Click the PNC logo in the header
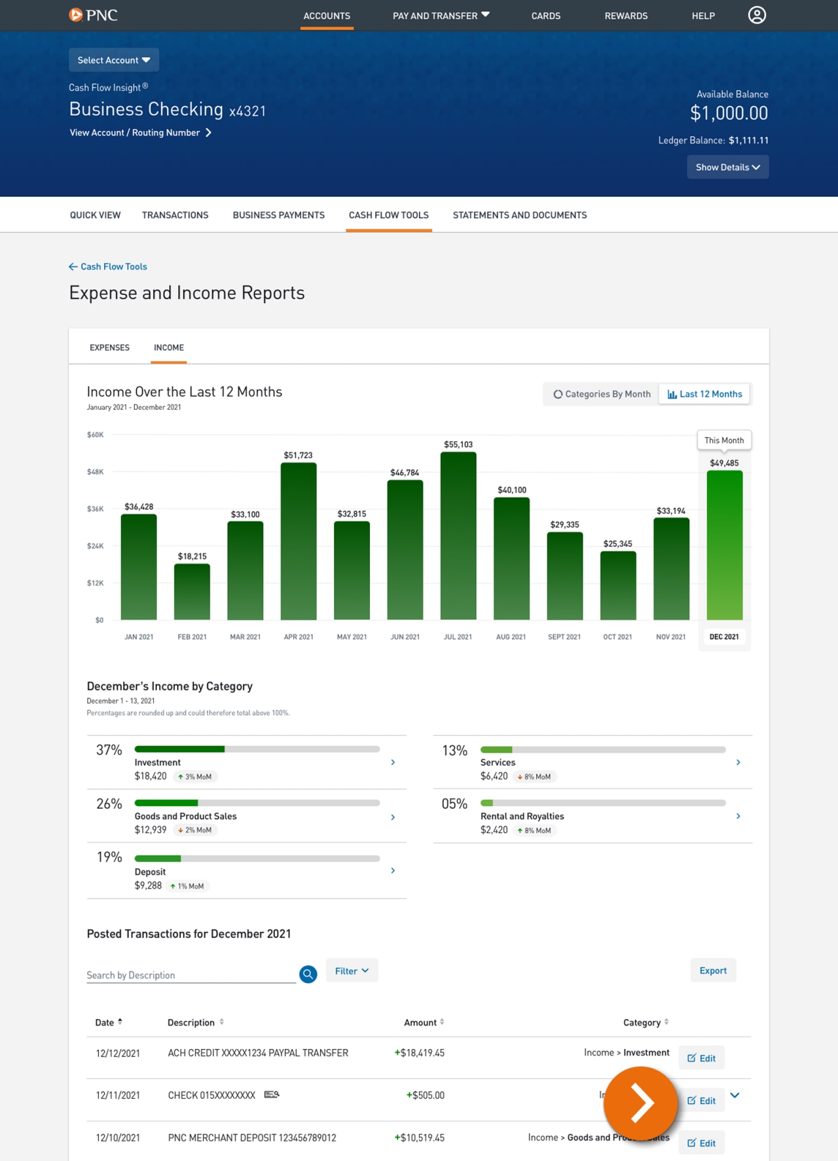pyautogui.click(x=93, y=15)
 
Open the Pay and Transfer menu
pyautogui.click(x=441, y=15)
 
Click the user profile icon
pyautogui.click(x=757, y=15)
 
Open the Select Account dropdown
pyautogui.click(x=114, y=60)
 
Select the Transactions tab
pyautogui.click(x=175, y=215)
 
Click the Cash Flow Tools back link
pyautogui.click(x=108, y=266)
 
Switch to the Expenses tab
pyautogui.click(x=109, y=348)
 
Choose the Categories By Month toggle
pyautogui.click(x=602, y=394)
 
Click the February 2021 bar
pyautogui.click(x=192, y=592)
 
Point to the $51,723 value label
pyautogui.click(x=298, y=455)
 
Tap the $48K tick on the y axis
pyautogui.click(x=95, y=471)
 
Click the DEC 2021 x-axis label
pyautogui.click(x=724, y=637)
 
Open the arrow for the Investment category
pyautogui.click(x=393, y=762)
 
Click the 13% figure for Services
pyautogui.click(x=454, y=751)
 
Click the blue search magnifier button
pyautogui.click(x=308, y=974)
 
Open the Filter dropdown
pyautogui.click(x=352, y=971)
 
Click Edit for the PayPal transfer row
pyautogui.click(x=701, y=1058)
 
